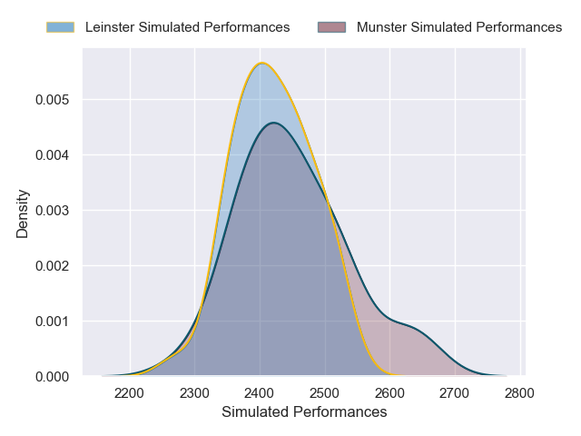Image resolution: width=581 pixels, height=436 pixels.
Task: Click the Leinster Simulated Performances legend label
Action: click(187, 27)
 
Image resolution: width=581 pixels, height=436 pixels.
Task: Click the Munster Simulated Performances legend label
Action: click(459, 27)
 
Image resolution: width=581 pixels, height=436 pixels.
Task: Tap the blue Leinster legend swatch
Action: click(60, 27)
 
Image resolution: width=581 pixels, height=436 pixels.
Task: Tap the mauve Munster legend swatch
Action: click(332, 27)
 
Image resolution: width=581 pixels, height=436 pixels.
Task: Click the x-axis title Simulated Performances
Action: click(304, 412)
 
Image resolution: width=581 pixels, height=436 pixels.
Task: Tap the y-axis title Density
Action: click(23, 213)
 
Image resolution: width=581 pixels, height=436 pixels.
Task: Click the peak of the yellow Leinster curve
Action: click(262, 63)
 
